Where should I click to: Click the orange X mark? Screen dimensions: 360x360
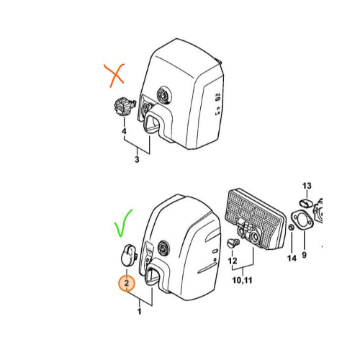tap(115, 75)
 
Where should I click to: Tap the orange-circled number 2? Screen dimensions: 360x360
tap(127, 283)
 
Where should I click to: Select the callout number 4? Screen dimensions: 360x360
tap(124, 131)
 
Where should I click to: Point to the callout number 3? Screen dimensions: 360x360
tap(137, 159)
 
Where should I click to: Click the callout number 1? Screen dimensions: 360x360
tap(139, 312)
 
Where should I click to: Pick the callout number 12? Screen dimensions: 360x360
tap(233, 261)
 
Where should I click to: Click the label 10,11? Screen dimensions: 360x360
tap(242, 280)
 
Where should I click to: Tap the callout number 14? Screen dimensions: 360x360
tap(292, 258)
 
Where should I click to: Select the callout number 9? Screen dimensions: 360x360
tap(305, 255)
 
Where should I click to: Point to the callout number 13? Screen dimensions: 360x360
tap(307, 186)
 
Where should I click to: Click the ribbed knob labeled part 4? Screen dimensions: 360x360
tap(124, 107)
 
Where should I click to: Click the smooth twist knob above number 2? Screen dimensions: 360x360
tap(128, 255)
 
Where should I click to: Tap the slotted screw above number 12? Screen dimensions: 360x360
tap(233, 243)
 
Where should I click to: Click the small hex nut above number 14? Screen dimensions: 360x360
tap(291, 228)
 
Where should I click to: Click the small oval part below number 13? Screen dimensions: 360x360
tap(305, 203)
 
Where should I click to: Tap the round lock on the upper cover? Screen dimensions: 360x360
tap(163, 94)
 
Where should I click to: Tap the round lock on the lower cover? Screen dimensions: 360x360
tap(163, 248)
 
